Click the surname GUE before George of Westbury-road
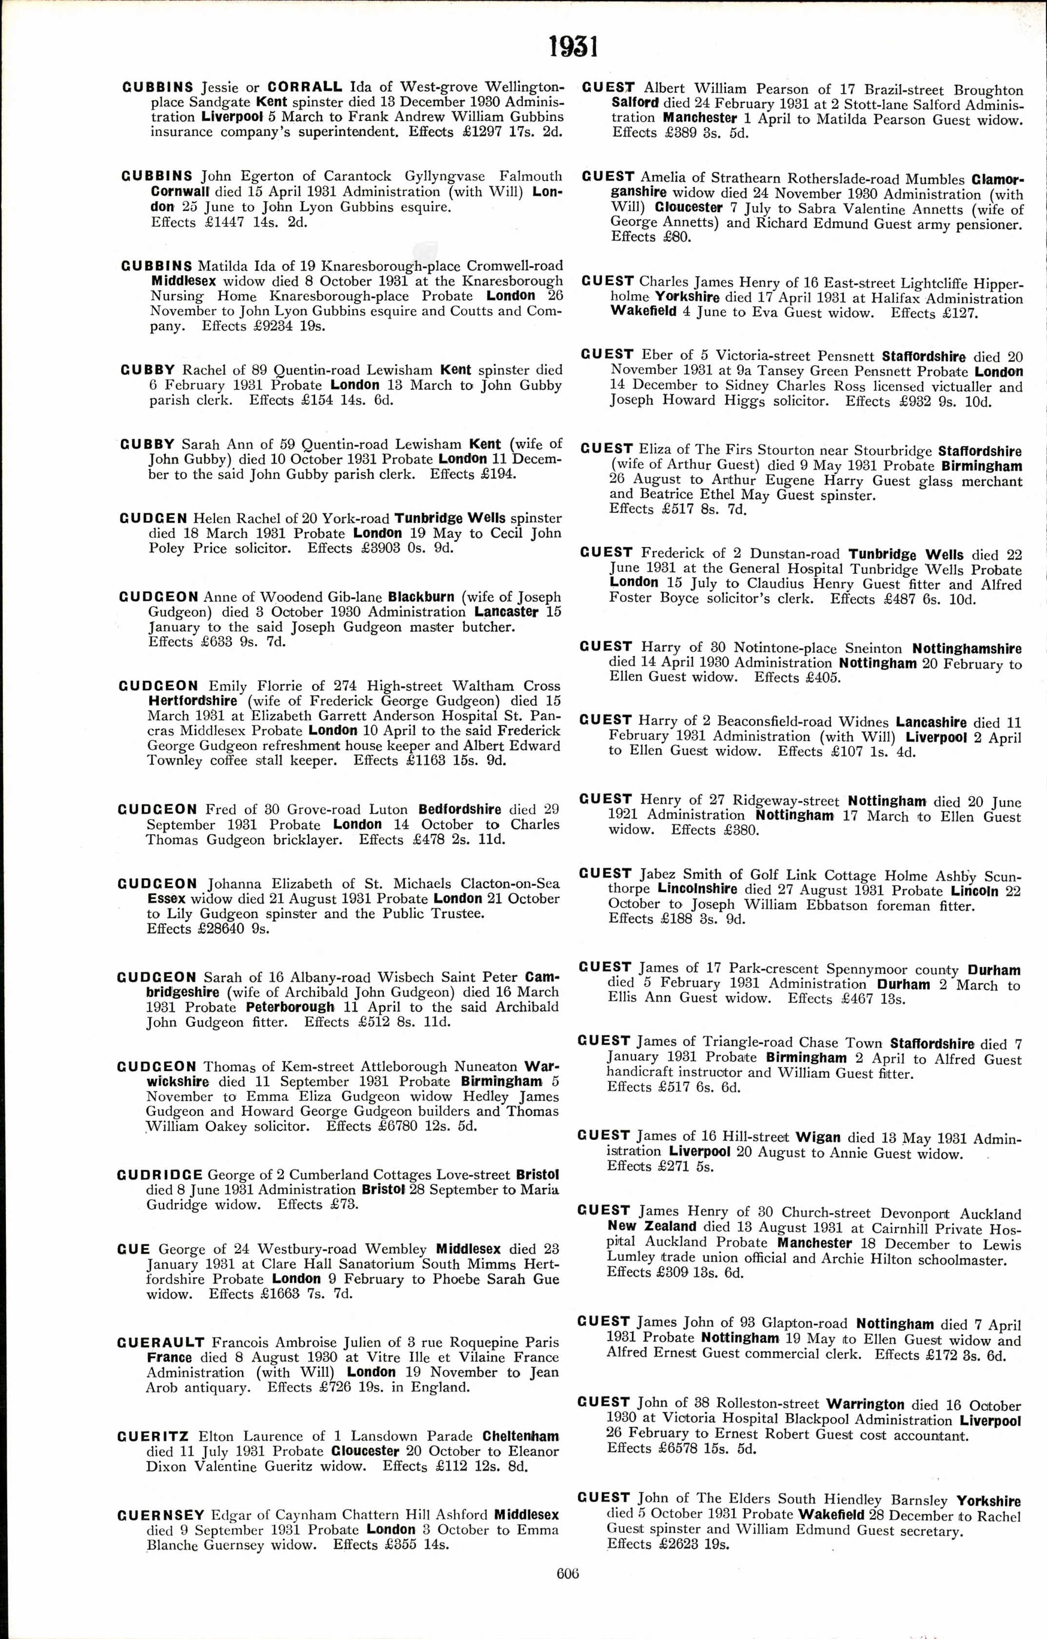click(x=133, y=1249)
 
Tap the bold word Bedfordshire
click(x=459, y=809)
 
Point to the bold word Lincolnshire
click(x=697, y=889)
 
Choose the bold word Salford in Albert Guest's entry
click(x=635, y=103)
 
